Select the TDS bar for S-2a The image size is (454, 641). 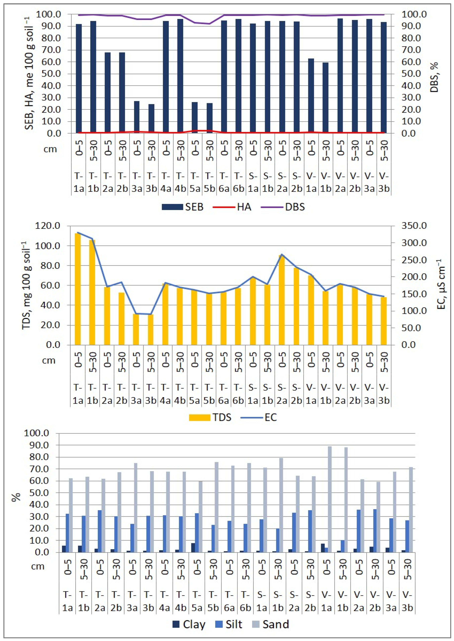click(x=282, y=300)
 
